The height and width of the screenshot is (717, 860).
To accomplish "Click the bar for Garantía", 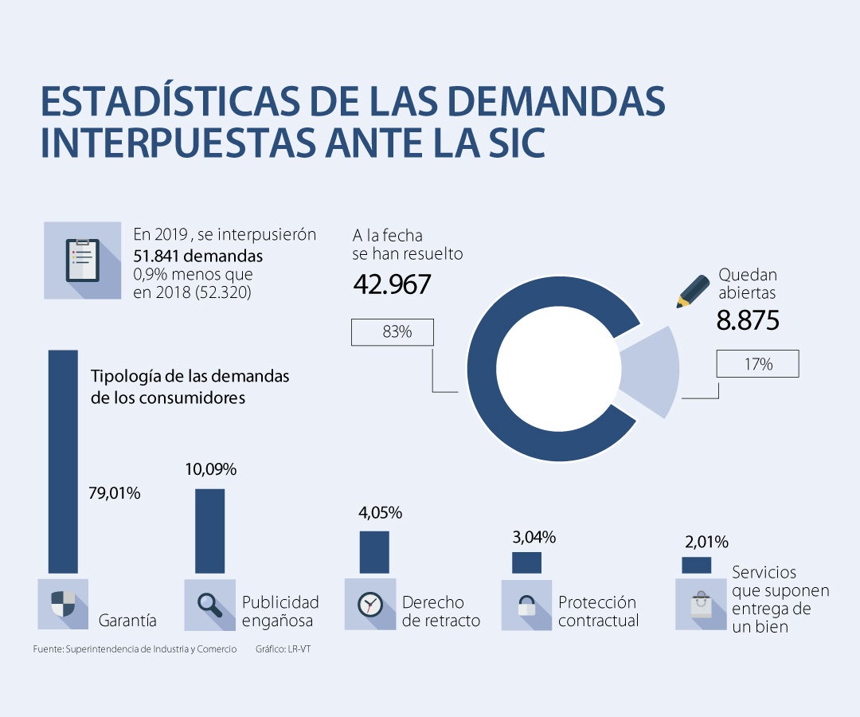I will click(63, 462).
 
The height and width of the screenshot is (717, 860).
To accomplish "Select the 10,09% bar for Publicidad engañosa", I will click(210, 531).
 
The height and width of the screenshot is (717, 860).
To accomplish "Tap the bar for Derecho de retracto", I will click(374, 552).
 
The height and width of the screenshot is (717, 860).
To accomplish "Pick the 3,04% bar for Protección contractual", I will click(526, 562).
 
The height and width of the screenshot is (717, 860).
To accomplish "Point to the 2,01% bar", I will click(696, 565).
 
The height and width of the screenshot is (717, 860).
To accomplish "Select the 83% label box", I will click(393, 332).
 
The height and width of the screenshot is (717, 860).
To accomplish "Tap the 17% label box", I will click(757, 364).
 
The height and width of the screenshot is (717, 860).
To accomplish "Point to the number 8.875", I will click(747, 320).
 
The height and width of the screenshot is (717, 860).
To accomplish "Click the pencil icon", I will click(692, 292).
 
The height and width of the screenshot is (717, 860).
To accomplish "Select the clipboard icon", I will click(83, 260).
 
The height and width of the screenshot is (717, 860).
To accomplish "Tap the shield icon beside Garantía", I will click(63, 605).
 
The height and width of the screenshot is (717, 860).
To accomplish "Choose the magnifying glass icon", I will click(210, 605).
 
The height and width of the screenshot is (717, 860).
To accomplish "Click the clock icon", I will click(370, 605).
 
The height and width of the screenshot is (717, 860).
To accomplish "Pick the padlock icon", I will click(526, 605).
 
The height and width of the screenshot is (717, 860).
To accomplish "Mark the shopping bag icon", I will click(701, 604).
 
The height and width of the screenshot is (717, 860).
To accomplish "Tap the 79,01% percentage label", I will click(115, 493).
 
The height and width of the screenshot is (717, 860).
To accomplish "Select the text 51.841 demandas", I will click(198, 256).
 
